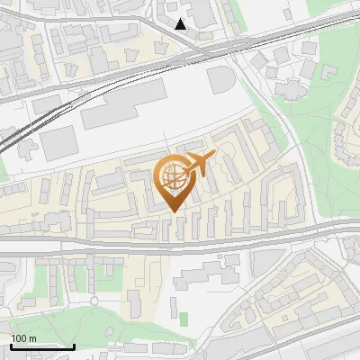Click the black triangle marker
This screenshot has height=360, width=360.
click(181, 24)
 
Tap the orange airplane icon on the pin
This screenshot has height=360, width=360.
click(197, 165)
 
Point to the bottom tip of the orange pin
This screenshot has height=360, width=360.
click(174, 212)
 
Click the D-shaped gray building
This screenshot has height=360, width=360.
click(221, 79)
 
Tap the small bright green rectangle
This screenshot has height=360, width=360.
click(184, 319)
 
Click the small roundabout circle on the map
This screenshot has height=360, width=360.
click(94, 301)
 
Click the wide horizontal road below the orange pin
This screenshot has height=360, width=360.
click(180, 244)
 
